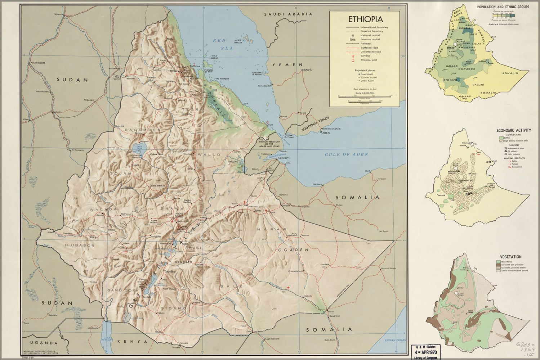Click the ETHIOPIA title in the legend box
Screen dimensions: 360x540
coord(365,19)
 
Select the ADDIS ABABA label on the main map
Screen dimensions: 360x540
coord(179,215)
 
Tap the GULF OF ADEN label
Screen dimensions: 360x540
coord(346,154)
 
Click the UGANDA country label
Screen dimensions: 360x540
coord(44,343)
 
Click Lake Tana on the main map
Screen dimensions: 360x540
coord(137,148)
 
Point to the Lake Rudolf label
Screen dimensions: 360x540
coord(107,339)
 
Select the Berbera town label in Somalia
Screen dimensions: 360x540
coord(317,184)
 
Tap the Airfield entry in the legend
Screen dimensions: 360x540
coord(365,56)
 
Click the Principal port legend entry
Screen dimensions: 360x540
coord(369,60)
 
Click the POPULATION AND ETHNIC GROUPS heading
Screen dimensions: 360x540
coord(503,7)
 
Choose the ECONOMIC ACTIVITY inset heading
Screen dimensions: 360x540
coord(513,130)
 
